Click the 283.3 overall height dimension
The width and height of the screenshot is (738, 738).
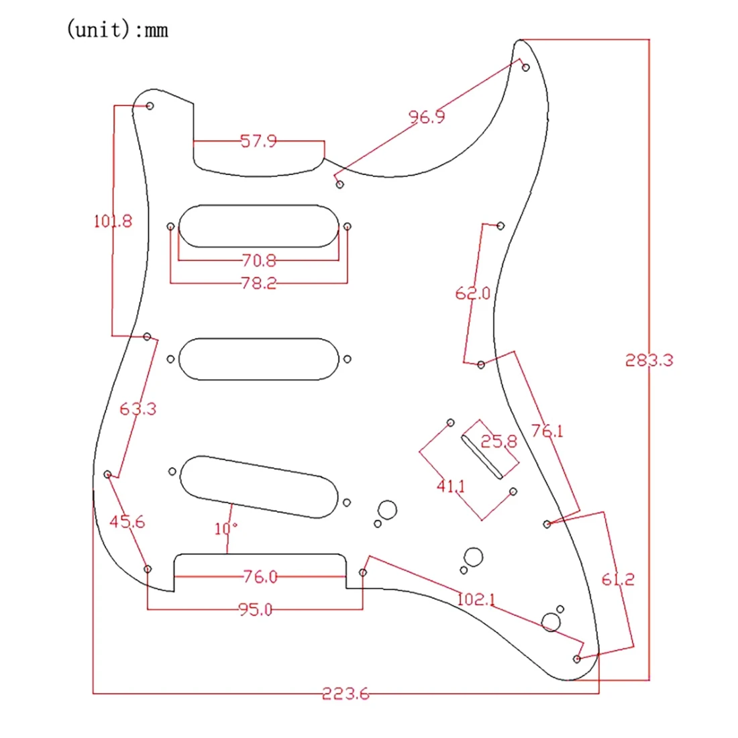click(649, 360)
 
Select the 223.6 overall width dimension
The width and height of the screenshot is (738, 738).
click(346, 694)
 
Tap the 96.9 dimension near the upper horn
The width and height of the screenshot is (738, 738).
click(427, 117)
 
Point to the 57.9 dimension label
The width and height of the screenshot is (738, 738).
click(258, 142)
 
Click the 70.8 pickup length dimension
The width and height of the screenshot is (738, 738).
click(258, 260)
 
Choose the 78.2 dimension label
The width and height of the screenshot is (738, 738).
click(258, 283)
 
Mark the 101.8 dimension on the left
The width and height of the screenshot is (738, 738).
click(113, 221)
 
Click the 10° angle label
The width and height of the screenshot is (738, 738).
click(226, 529)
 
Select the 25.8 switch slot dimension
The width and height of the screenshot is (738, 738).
click(499, 441)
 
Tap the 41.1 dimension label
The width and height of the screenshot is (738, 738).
click(450, 486)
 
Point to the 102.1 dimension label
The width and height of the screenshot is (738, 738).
click(476, 598)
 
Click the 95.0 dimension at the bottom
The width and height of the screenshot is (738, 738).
click(255, 610)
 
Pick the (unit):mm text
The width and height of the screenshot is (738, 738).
click(117, 30)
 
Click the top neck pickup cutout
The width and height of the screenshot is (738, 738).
click(259, 226)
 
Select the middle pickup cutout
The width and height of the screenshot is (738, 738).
click(259, 359)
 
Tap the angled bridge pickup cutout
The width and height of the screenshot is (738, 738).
click(258, 486)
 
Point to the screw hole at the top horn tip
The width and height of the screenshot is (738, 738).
click(525, 67)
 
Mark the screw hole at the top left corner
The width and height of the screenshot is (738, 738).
click(150, 106)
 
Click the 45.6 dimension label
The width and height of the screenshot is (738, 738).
click(127, 521)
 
